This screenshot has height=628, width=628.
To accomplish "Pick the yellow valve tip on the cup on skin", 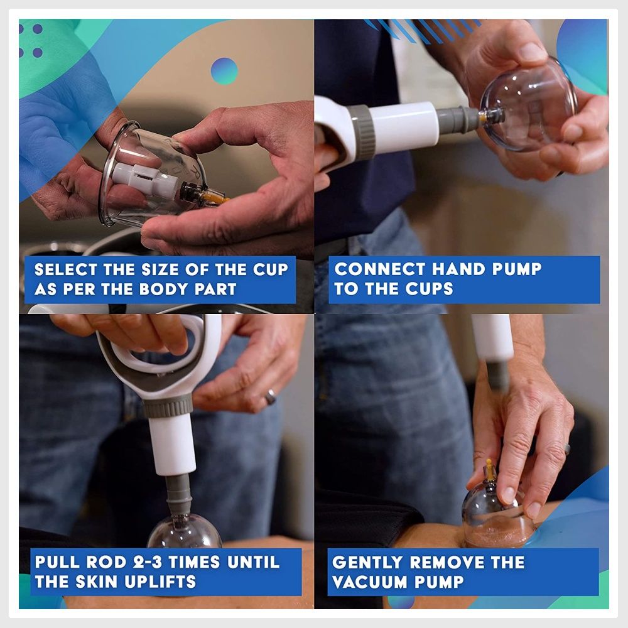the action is coord(489,468).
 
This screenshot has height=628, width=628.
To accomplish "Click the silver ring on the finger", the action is coord(270,396).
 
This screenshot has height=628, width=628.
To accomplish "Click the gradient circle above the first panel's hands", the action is coord(224,72).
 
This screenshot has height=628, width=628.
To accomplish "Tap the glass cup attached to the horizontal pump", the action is coord(528,105).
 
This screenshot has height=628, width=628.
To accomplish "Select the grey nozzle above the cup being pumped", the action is coord(178,495).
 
